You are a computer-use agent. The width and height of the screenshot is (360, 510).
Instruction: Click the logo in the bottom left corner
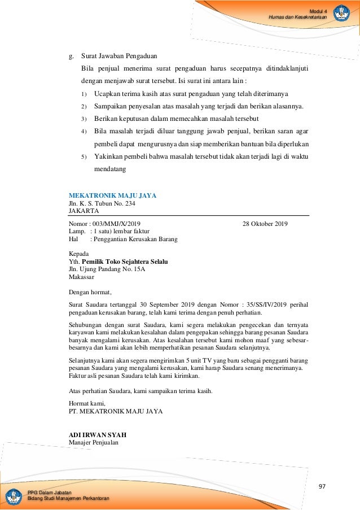[14, 496]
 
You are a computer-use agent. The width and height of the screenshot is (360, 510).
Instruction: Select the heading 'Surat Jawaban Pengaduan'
[119, 56]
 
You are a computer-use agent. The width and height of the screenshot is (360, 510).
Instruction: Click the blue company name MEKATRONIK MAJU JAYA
[112, 195]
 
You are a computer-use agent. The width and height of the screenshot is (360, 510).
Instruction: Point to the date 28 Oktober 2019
[265, 224]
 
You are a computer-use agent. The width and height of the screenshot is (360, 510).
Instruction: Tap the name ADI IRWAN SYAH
[97, 435]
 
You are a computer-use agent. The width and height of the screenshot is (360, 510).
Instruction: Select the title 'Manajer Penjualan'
[94, 442]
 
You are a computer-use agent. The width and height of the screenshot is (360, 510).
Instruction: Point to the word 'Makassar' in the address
[81, 277]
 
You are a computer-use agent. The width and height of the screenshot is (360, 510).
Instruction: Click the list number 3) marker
[84, 119]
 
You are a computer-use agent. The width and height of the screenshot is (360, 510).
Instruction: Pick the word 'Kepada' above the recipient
[79, 254]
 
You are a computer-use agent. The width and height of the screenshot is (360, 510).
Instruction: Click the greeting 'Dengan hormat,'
[90, 292]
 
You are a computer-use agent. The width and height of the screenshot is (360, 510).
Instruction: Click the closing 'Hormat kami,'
[87, 404]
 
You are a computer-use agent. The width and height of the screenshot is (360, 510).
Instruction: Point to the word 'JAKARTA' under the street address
[84, 211]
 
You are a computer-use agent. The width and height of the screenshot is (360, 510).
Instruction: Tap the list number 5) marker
[84, 156]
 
